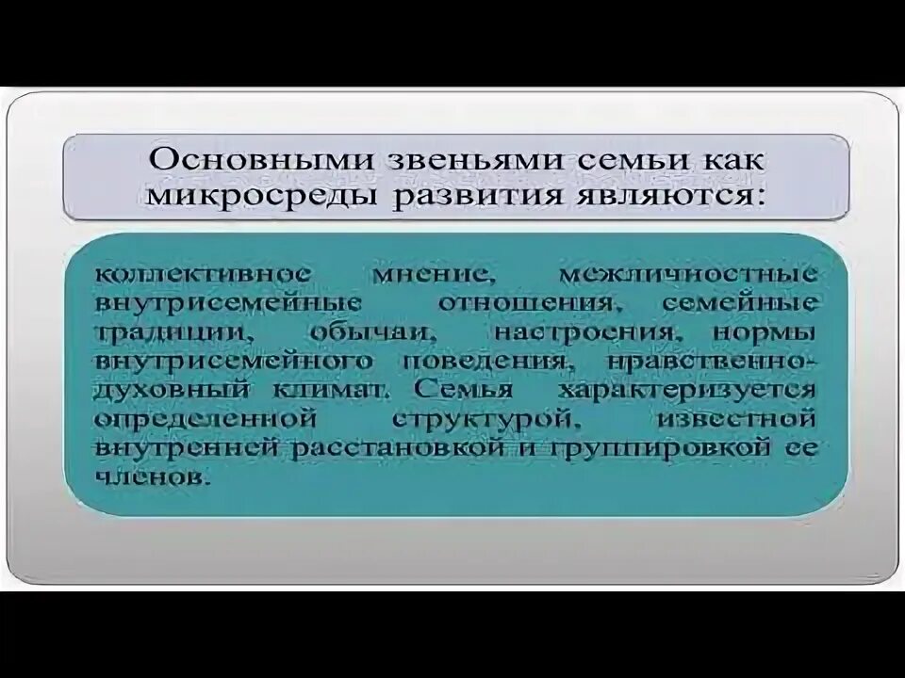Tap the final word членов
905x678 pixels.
click(x=150, y=478)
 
